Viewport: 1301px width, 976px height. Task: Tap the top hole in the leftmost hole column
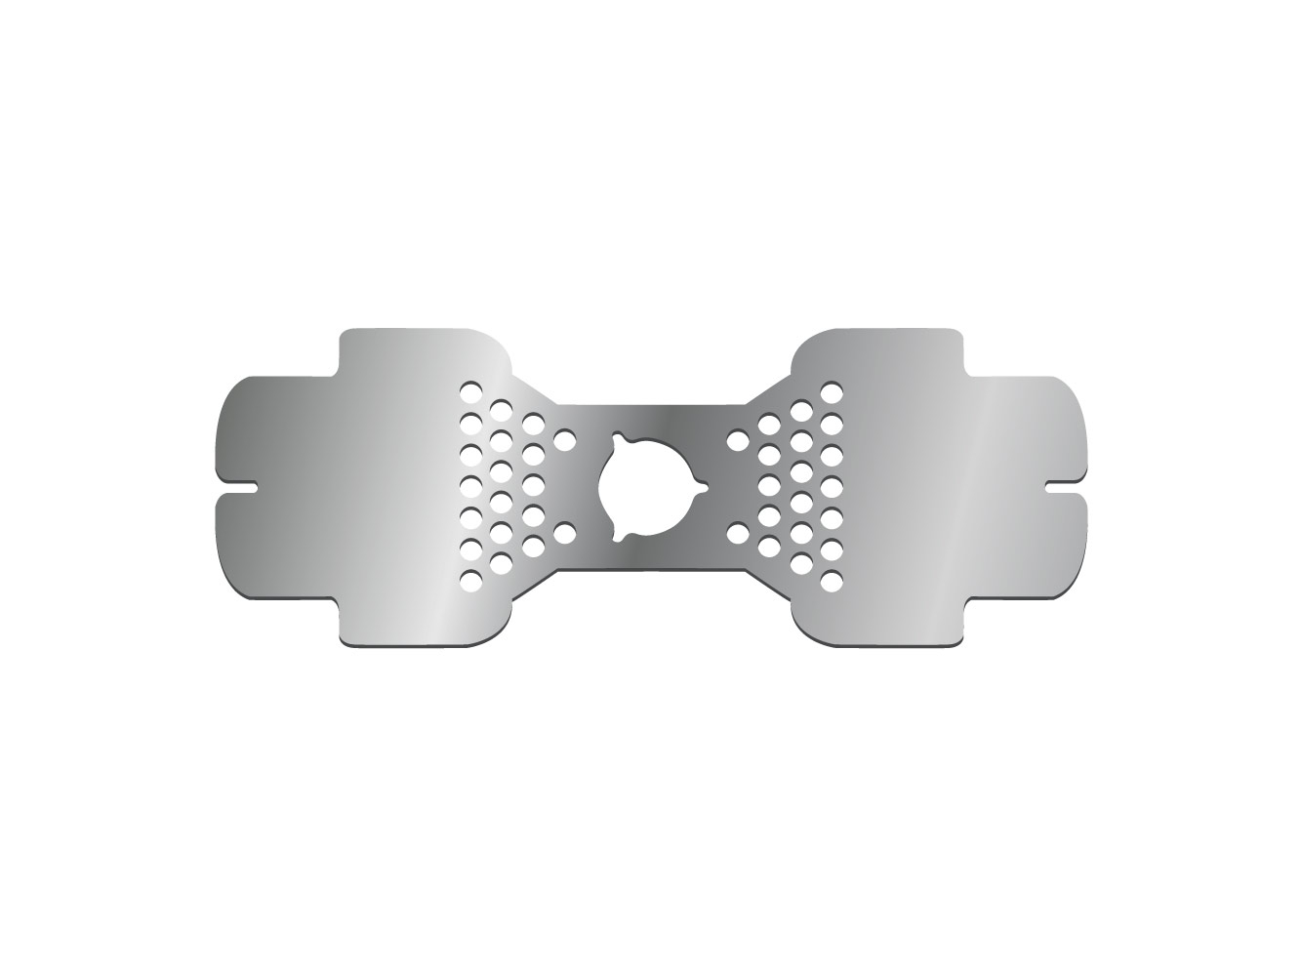tap(470, 392)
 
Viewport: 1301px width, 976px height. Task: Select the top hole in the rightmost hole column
tap(832, 392)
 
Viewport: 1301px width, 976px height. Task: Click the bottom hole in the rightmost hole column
tap(832, 581)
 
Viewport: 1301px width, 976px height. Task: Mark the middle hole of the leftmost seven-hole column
tap(470, 486)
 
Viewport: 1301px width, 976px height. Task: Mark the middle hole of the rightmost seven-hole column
tap(832, 486)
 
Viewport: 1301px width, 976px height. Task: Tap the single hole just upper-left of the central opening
tap(563, 441)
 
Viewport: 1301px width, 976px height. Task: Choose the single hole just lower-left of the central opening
tap(563, 533)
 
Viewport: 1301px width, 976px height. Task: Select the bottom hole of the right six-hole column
tap(801, 564)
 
